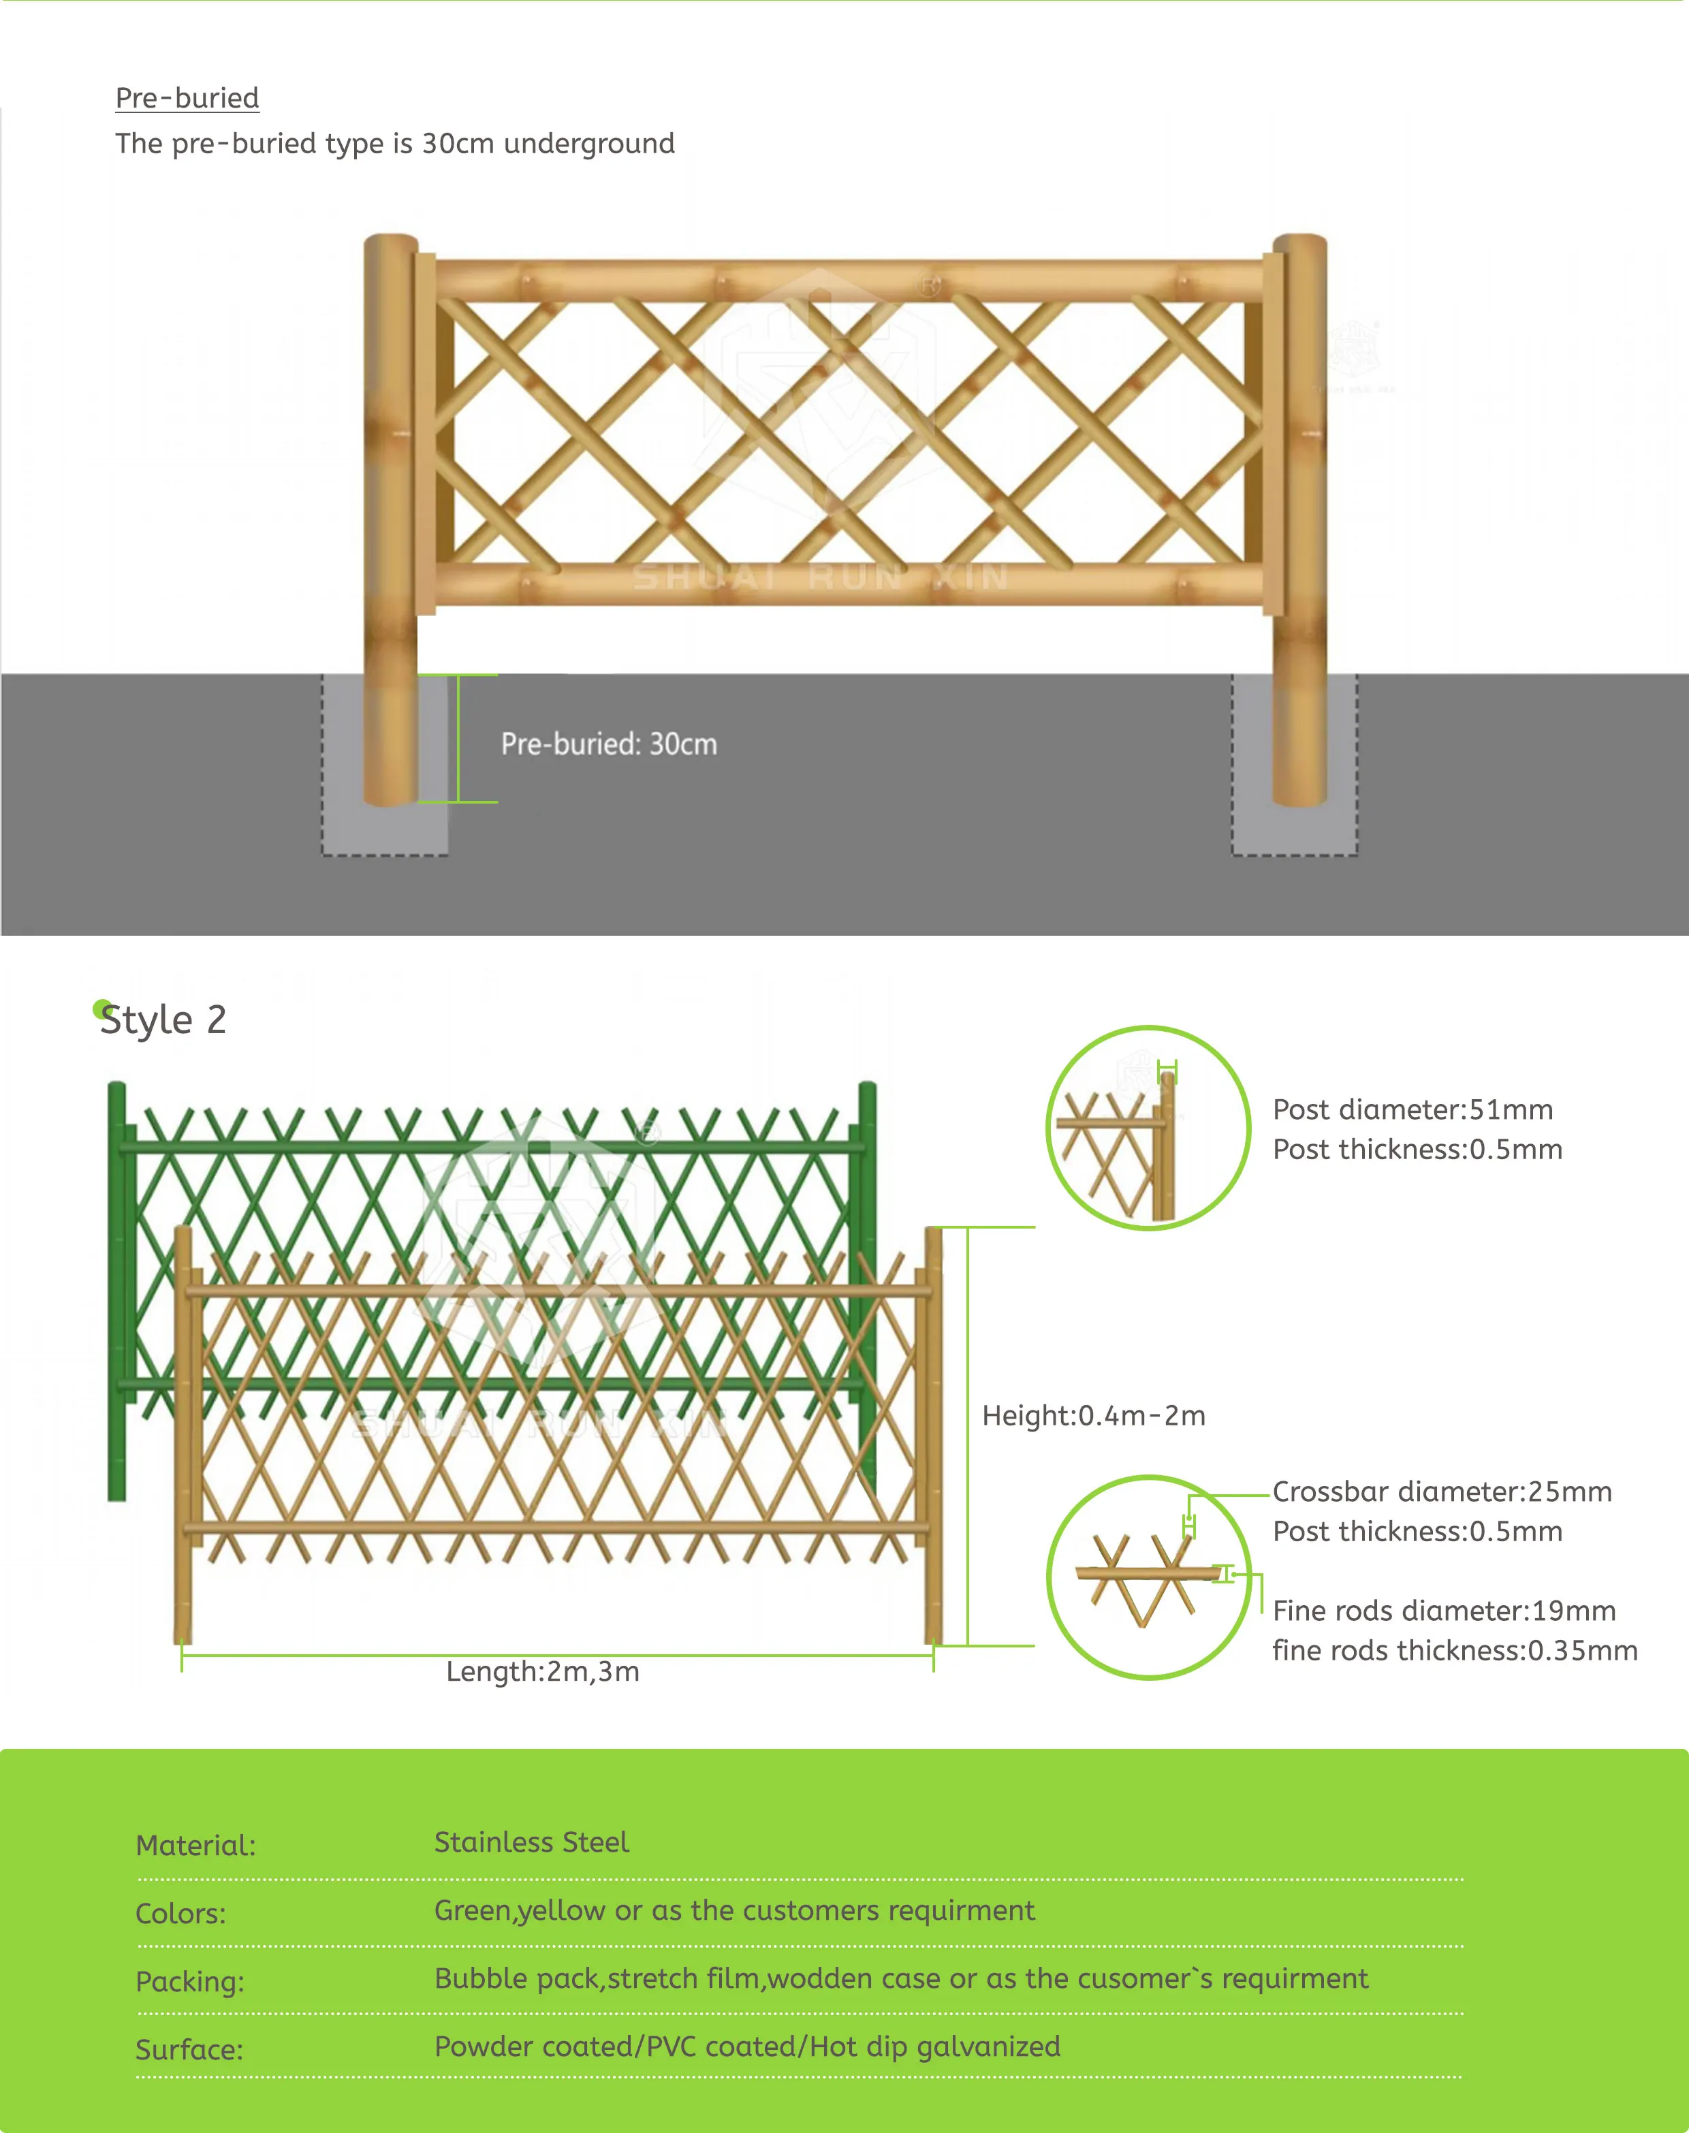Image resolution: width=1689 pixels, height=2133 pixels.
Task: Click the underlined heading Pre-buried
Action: pos(187,98)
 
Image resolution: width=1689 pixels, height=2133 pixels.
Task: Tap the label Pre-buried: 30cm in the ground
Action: pos(608,744)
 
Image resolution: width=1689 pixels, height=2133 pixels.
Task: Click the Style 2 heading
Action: pos(164,1020)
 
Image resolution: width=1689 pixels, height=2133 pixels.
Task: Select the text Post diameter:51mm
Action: pos(1412,1109)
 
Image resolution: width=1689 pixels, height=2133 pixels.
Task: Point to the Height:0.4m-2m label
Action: pos(1092,1415)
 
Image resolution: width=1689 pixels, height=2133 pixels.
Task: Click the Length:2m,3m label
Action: pos(542,1671)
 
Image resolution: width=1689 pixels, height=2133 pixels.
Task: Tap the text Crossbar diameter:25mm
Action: pos(1442,1491)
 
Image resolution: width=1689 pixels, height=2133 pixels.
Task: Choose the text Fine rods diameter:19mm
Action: pos(1444,1611)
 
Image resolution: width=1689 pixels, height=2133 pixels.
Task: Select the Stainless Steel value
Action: pos(531,1842)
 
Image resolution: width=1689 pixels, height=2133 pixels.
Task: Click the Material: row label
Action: pos(195,1845)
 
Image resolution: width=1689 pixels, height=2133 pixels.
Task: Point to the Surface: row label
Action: pos(189,2050)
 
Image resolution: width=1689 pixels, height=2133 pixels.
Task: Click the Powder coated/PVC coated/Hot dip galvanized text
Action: pos(746,2046)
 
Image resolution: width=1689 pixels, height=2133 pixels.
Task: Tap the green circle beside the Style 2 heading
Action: pos(101,1009)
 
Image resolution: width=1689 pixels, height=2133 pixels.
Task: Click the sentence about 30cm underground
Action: pos(394,144)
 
